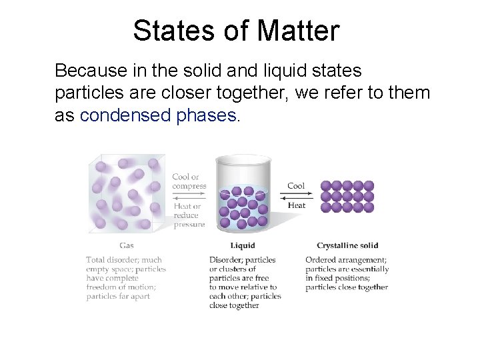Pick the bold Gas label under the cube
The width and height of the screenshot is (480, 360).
(126, 245)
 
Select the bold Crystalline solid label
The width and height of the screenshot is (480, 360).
(347, 245)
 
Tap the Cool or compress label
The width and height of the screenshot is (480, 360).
(189, 181)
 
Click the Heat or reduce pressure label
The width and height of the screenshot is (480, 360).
(189, 215)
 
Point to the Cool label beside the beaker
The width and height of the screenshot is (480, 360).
(296, 186)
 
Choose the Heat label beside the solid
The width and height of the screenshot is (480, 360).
(297, 205)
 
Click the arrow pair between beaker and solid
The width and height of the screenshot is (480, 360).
(297, 196)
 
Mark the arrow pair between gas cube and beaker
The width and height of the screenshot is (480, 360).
(189, 196)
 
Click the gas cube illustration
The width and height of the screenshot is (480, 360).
(126, 193)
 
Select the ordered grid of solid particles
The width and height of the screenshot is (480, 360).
(347, 197)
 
